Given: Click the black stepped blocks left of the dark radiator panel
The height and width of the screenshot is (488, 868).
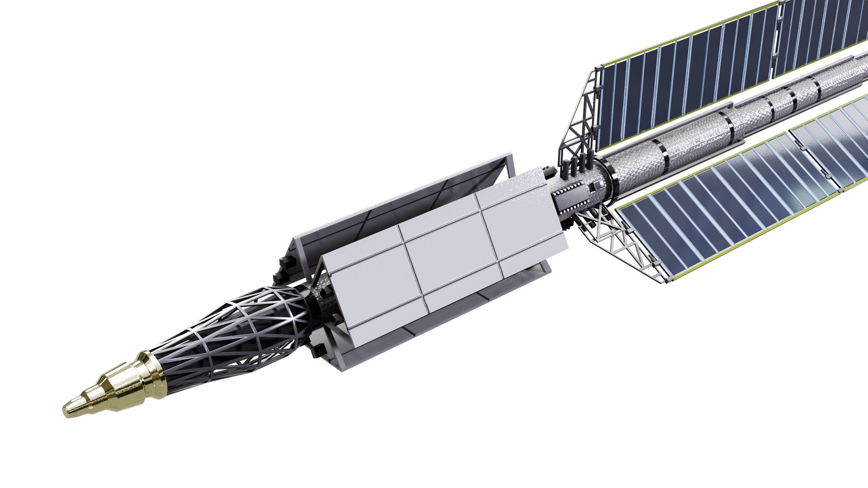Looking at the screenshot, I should click(283, 267).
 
